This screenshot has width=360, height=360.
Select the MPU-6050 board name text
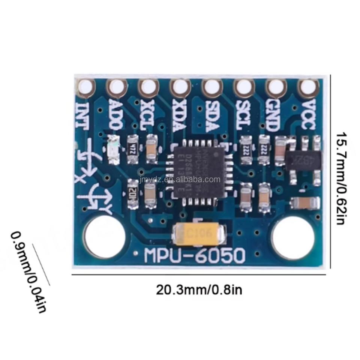coord(195,257)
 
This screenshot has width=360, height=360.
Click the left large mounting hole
coord(104,237)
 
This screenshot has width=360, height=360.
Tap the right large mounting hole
coord(293,237)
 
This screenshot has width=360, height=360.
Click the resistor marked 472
coord(132,150)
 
